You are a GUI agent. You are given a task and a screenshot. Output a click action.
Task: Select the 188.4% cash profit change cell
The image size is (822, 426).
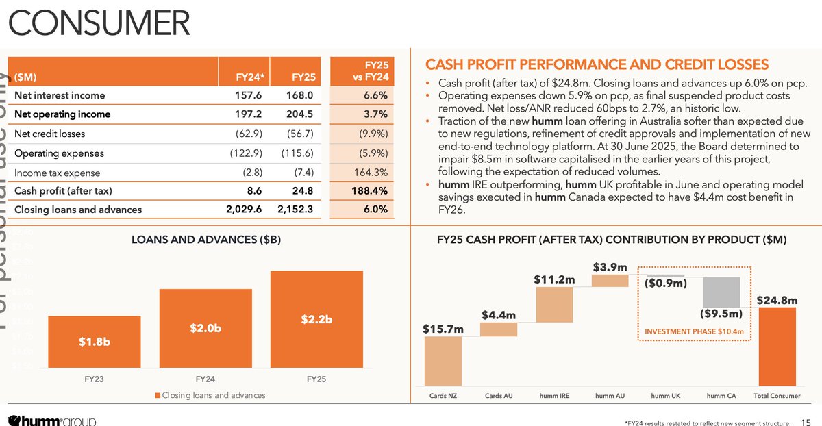(374, 190)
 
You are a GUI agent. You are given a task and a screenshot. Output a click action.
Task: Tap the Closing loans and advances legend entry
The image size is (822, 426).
(210, 396)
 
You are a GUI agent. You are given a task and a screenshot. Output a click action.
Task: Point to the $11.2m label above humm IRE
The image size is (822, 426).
(553, 279)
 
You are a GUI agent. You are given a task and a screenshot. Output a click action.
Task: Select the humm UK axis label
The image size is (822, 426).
(666, 396)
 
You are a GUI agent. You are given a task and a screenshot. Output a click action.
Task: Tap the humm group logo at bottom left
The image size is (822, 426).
(51, 420)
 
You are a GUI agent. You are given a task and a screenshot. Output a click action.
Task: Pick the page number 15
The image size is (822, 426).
(807, 421)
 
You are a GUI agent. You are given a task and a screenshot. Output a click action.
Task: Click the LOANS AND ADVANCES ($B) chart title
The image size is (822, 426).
(206, 240)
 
